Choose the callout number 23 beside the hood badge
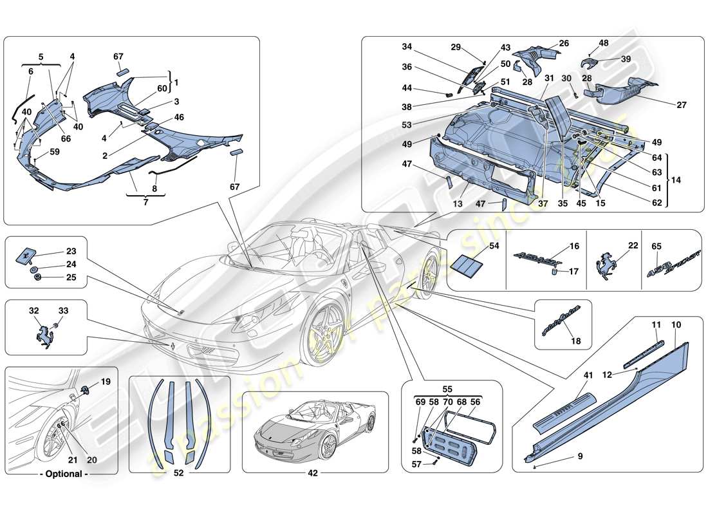point(71,252)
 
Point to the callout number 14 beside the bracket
point(676,181)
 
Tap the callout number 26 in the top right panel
point(564,44)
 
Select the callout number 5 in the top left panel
point(42,57)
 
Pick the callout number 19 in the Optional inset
point(106,382)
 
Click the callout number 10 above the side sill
point(676,326)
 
